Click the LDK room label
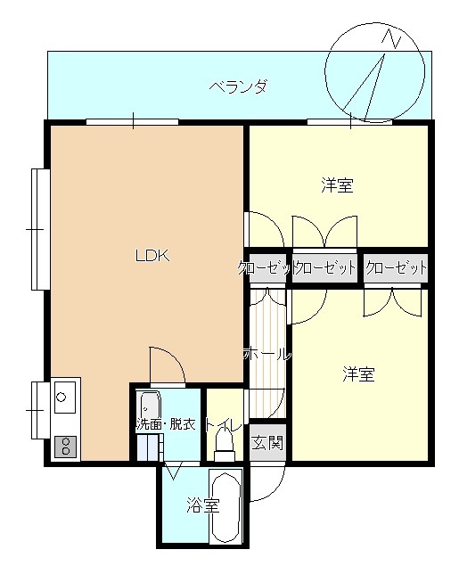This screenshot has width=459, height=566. coord(152,256)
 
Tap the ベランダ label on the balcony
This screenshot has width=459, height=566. coord(239,87)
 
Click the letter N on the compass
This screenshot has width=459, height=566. coord(391,38)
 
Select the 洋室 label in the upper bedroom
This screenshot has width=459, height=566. coord(337,185)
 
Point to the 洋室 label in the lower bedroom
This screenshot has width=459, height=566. coord(358,374)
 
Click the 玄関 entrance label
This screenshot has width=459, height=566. coord(267,442)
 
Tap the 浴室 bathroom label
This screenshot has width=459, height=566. coord(203,505)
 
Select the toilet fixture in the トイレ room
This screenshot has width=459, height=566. coord(225,446)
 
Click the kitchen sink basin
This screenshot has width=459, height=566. coord(65,397)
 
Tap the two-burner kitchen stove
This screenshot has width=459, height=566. coord(65,447)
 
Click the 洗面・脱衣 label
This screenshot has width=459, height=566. coord(166,424)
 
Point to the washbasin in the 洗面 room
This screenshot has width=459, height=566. coord(150,406)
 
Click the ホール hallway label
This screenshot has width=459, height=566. coord(267,354)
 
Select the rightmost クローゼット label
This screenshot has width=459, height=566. coord(396,267)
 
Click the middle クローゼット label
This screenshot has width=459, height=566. coord(324,267)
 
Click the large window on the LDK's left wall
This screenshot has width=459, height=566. coord(40,229)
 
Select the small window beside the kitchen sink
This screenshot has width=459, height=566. coord(40,410)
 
